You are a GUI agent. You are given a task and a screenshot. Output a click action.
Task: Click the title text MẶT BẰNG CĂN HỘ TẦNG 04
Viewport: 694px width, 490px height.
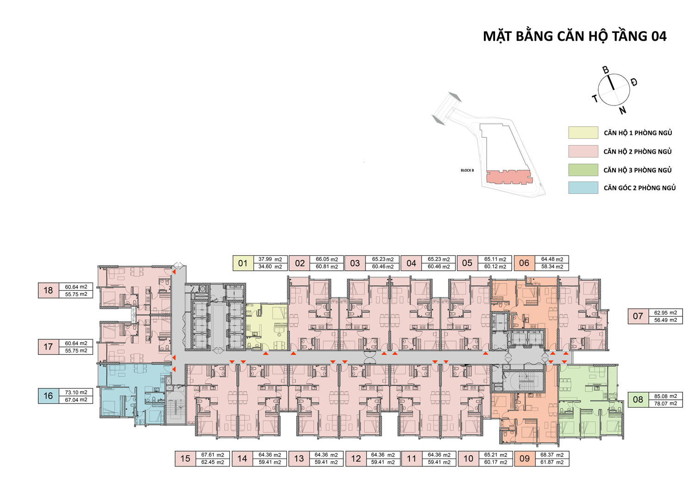pos(575,36)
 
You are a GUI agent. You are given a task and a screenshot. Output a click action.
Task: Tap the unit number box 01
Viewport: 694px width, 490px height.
pos(243,263)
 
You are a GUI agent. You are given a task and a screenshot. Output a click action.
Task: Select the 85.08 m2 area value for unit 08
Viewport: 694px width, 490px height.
pos(665,396)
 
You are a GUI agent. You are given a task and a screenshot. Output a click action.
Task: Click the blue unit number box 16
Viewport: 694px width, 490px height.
pos(48,396)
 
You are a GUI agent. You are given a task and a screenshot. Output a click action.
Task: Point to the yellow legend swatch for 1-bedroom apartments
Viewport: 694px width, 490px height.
pos(583,133)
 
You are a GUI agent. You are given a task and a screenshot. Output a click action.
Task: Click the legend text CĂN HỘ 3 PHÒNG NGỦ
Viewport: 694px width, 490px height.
pos(638,170)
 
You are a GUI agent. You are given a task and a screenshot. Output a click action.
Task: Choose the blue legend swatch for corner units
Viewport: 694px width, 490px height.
pos(583,188)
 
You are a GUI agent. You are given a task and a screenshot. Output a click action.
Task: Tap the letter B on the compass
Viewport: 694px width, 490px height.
pos(605,70)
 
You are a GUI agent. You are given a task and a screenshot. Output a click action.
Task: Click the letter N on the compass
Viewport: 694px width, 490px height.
pos(623,110)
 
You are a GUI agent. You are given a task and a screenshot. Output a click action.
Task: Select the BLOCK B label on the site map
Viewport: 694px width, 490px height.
pos(467,170)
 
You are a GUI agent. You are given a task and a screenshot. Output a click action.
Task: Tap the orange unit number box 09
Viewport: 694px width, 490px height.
pos(525,459)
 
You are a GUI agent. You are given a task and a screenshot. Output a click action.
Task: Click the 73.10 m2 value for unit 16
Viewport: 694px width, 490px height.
pos(76,392)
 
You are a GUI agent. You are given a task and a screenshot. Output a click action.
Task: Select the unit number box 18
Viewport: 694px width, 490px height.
pos(48,291)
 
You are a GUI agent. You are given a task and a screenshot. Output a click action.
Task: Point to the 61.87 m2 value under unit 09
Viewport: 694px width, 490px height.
pos(552,462)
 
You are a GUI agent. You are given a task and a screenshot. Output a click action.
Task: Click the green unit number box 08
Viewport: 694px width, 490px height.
pos(638,399)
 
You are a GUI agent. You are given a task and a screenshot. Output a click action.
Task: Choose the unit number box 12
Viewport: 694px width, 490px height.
pos(356,459)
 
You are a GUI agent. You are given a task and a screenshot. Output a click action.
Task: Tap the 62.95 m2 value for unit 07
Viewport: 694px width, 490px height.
pos(665,313)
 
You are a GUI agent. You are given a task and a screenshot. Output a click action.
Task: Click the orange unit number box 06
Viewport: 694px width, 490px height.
pos(524,263)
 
